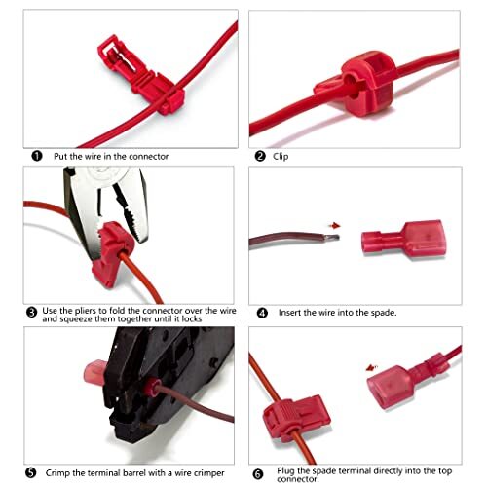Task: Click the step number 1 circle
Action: [x=37, y=156]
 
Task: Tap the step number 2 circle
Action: [x=260, y=156]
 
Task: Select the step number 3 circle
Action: [x=31, y=313]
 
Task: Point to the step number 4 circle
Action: [x=262, y=313]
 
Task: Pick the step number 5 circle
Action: [x=31, y=472]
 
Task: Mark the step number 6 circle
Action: [x=258, y=474]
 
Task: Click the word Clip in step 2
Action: [x=281, y=157]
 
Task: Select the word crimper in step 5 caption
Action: [x=207, y=473]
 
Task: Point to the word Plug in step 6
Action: [x=285, y=470]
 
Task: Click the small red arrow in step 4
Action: [x=334, y=225]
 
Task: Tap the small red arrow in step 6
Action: [x=371, y=368]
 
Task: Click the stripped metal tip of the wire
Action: [x=332, y=238]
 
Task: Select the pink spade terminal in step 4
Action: [x=404, y=239]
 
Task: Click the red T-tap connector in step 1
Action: [x=141, y=75]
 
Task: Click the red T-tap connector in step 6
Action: [x=297, y=417]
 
